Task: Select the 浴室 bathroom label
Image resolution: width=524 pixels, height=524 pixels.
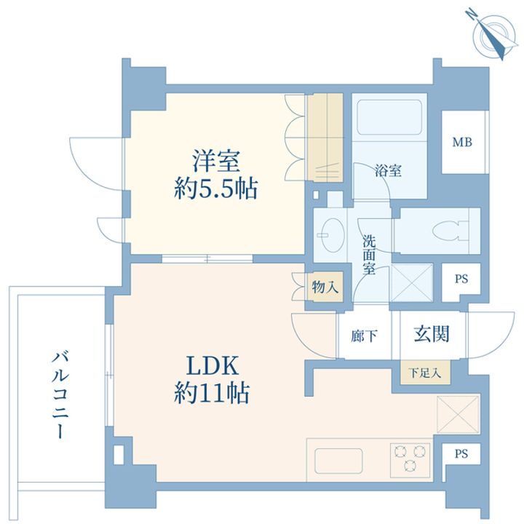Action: [388, 172]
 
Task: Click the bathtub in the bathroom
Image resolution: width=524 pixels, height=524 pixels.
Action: [391, 121]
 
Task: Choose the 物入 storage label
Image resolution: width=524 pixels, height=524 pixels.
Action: [325, 287]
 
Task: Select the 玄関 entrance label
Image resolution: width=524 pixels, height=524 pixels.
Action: [432, 334]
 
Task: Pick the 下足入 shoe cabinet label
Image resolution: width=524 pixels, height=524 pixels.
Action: [424, 374]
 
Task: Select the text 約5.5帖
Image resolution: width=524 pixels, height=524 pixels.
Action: [215, 190]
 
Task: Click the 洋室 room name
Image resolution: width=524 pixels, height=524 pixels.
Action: [215, 159]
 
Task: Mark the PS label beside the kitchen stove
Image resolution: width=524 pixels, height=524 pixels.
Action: [461, 454]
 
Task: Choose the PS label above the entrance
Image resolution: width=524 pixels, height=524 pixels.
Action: [461, 279]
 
